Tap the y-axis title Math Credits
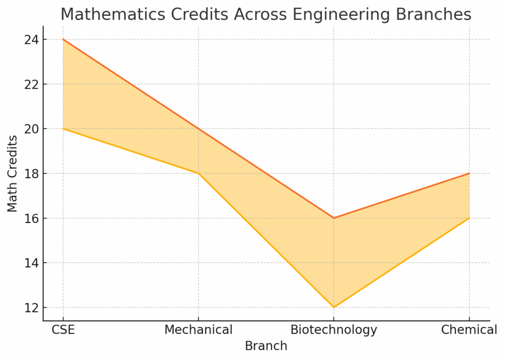tap(13, 174)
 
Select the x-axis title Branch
tap(266, 346)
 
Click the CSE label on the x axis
tap(63, 330)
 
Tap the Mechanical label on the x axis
tap(198, 330)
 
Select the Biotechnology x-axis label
tap(334, 330)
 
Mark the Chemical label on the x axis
tap(469, 330)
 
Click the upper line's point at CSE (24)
tap(63, 39)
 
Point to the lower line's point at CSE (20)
tap(63, 129)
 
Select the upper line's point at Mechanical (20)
tap(198, 129)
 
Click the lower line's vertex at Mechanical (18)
tap(198, 174)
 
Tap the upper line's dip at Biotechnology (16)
tap(334, 218)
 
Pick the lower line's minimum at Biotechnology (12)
tap(334, 307)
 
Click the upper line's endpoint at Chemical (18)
tap(469, 174)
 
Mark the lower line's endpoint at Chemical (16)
tap(469, 218)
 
